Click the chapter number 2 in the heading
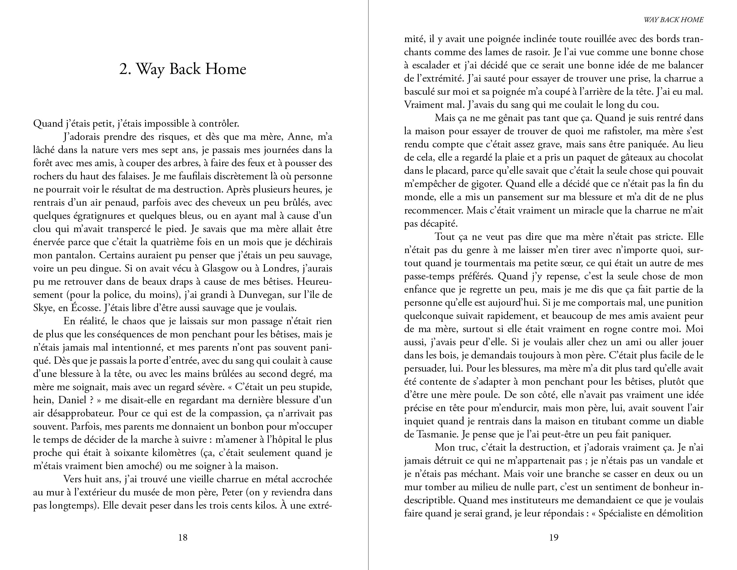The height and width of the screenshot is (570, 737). click(x=124, y=69)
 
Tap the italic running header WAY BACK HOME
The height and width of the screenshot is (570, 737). click(x=673, y=20)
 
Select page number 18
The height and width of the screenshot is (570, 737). click(x=182, y=537)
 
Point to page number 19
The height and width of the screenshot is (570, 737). click(x=554, y=537)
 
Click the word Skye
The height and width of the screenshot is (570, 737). click(x=43, y=308)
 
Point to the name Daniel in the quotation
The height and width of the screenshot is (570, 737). click(x=72, y=400)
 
